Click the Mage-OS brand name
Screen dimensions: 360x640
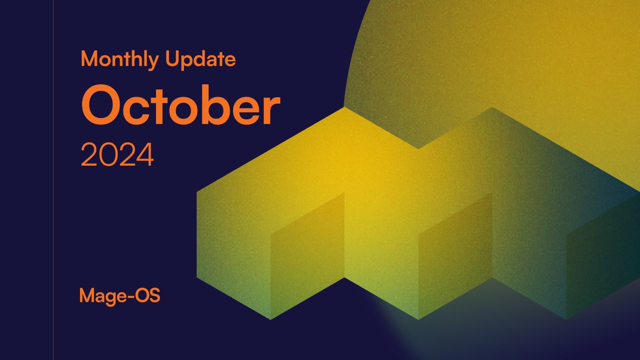coord(120,296)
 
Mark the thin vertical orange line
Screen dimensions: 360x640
coord(53,180)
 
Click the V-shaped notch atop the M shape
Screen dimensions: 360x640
coord(418,147)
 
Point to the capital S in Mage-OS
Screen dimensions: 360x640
coord(154,296)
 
